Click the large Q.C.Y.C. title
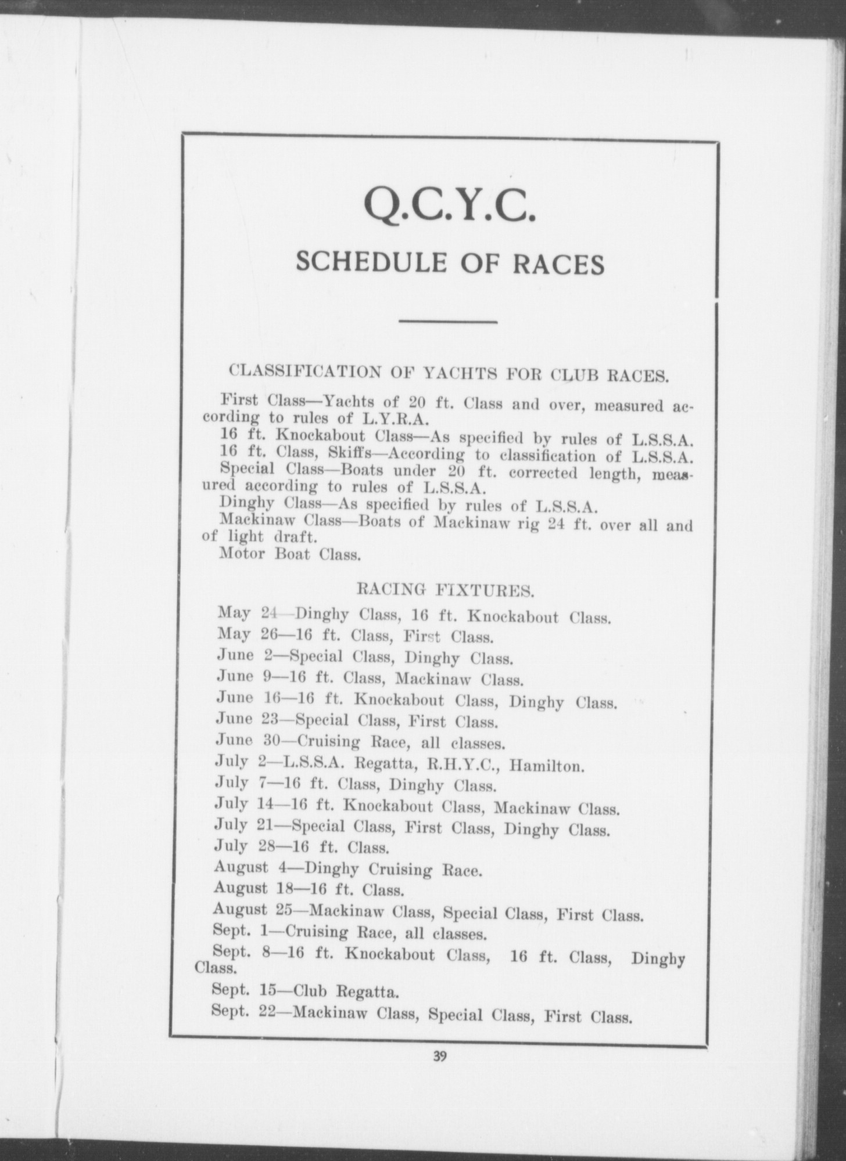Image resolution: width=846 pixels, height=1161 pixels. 448,208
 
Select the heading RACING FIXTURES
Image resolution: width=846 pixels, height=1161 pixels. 444,591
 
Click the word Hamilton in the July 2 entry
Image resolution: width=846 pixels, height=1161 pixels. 546,766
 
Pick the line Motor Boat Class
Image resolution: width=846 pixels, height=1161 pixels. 290,553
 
